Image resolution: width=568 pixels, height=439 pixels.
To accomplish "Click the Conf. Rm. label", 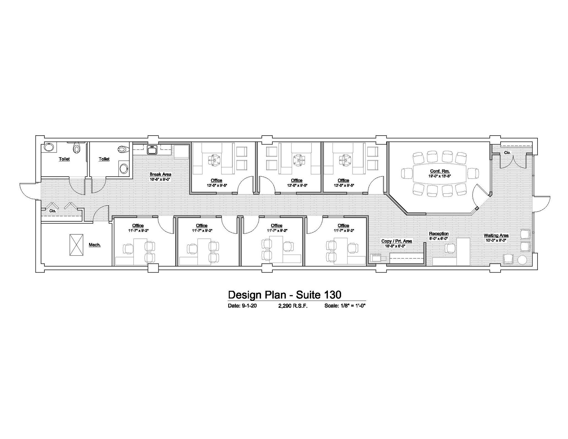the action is [x=440, y=171].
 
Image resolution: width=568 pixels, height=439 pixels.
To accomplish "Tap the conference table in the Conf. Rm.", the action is [x=440, y=174].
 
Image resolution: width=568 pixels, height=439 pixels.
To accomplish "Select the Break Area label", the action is [x=160, y=174].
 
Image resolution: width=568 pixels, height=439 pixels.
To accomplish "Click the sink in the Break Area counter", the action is [x=152, y=150].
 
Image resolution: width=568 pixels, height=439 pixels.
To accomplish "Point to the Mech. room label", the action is [x=95, y=245].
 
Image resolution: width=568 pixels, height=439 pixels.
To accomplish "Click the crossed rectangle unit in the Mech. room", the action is [x=76, y=245].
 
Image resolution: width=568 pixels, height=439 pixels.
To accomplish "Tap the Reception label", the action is [x=439, y=234].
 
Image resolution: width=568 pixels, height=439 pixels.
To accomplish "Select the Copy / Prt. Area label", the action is [x=397, y=241].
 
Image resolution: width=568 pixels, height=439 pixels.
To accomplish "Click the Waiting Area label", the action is [x=496, y=236].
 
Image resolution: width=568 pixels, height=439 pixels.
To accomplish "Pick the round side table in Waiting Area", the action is [x=522, y=260].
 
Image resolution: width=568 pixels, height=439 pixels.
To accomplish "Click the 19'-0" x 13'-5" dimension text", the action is [x=440, y=176].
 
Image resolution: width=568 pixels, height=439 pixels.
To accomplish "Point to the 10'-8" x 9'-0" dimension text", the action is [x=160, y=179].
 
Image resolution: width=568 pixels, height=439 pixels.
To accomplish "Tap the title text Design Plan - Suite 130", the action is [x=285, y=295].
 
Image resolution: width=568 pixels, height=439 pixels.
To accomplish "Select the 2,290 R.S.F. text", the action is [x=293, y=306].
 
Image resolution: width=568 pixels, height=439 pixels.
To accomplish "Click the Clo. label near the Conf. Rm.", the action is [x=507, y=153].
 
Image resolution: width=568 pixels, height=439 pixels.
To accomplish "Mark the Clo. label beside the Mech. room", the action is [x=53, y=211].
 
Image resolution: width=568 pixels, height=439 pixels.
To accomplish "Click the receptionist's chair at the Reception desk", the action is [x=450, y=248].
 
